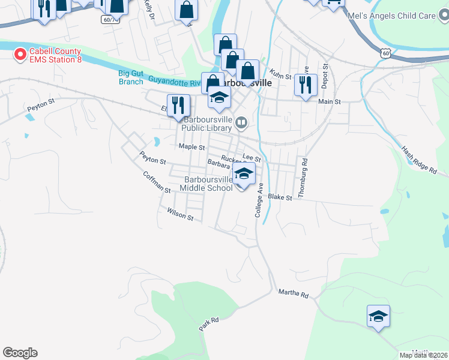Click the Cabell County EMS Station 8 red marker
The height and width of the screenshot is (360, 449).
[20, 55]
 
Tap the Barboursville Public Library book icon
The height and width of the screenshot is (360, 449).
[241, 124]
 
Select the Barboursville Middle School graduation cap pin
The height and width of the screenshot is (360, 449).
[244, 176]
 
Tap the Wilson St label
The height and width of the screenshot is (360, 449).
[180, 214]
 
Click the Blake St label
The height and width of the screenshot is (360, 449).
[280, 197]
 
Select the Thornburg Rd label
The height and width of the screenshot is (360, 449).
[305, 170]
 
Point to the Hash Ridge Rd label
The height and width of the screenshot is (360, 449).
[420, 161]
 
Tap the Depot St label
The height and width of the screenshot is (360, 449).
[325, 76]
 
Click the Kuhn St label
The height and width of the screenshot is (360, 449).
[280, 76]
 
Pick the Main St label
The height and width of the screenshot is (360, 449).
[330, 102]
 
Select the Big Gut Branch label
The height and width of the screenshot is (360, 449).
[131, 77]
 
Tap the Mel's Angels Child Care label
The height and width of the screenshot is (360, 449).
[392, 16]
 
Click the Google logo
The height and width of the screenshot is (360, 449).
[20, 353]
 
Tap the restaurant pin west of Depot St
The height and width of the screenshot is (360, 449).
[306, 86]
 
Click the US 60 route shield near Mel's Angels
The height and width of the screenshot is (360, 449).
[384, 53]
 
